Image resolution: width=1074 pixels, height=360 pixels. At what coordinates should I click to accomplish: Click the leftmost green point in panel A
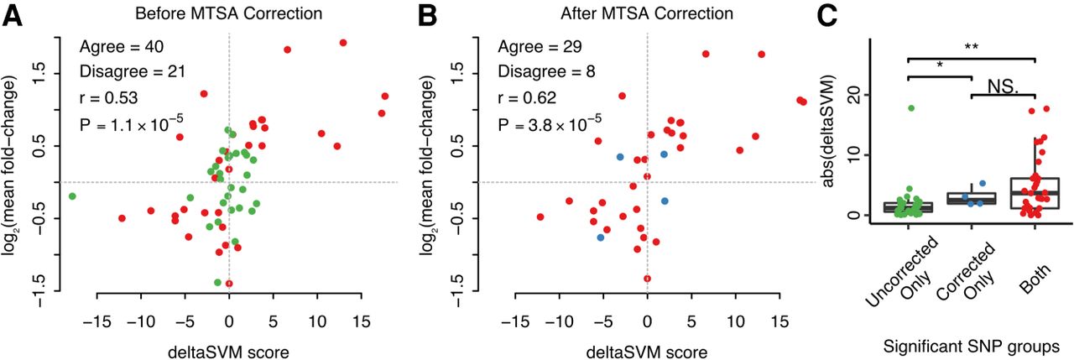tap(72, 196)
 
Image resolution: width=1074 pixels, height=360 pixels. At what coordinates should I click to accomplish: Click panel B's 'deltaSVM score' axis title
tap(647, 351)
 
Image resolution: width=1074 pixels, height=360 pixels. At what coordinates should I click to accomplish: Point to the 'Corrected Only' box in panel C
tap(972, 199)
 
